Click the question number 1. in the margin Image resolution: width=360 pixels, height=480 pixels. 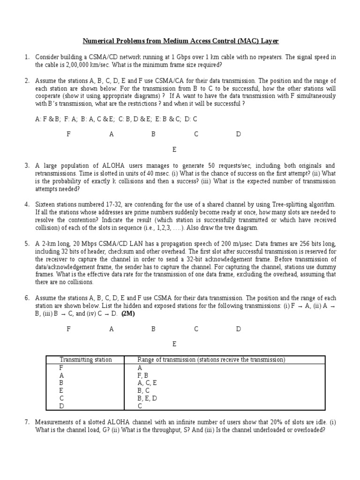(x=27, y=57)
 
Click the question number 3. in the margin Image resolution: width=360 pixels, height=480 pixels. (x=27, y=166)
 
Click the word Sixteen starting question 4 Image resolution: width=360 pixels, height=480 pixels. (x=45, y=204)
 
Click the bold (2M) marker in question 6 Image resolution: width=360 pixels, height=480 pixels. (x=128, y=314)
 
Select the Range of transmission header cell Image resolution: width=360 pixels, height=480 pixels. (x=211, y=360)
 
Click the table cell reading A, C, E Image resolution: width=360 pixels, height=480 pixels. (x=147, y=382)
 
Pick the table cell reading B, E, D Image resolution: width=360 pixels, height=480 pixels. (x=147, y=398)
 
